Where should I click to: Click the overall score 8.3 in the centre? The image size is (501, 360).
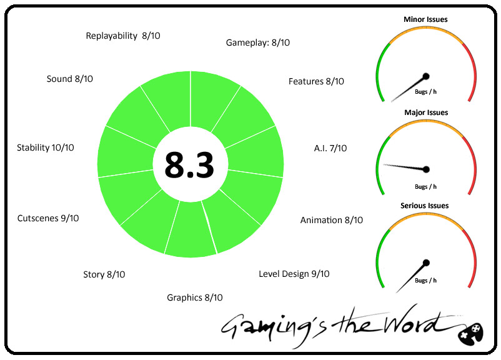pos(190,165)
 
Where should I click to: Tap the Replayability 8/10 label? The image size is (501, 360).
pos(123,36)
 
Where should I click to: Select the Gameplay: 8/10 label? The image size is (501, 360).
pos(257,42)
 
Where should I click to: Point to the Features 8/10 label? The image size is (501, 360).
pos(316,81)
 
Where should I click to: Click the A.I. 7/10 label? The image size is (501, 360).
pos(330,148)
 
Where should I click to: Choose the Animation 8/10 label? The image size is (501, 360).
pos(331,220)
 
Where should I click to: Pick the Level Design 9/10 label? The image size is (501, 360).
pos(294,274)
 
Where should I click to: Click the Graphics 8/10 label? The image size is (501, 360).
pos(194,297)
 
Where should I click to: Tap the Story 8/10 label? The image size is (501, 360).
pos(104,274)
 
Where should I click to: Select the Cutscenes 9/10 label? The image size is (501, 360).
pos(48,218)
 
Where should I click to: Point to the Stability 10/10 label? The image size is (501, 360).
pos(46,147)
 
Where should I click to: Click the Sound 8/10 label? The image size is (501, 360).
pos(70,79)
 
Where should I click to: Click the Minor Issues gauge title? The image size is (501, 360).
pos(425,19)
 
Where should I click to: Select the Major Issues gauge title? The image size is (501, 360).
pos(426,112)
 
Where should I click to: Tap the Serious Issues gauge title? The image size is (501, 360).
pos(425,206)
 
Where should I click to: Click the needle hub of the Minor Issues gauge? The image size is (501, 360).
pos(426,76)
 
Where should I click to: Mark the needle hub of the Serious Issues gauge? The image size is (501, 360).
pos(426,262)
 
